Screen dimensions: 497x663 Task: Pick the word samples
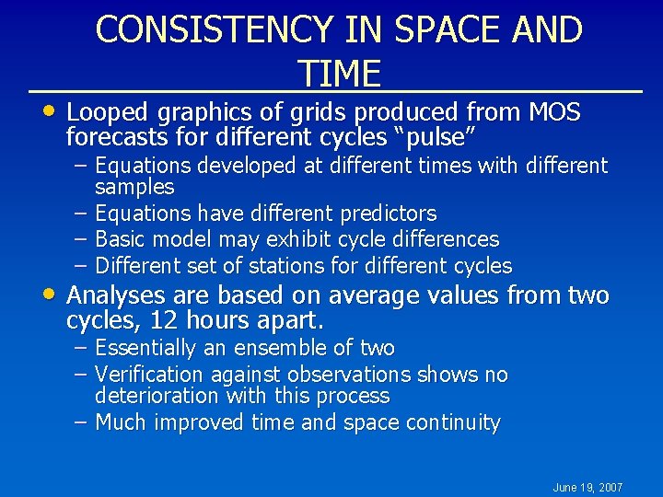[134, 187]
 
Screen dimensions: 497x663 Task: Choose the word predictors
[388, 214]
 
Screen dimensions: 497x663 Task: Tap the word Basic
[122, 239]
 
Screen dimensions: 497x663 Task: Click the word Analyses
[113, 295]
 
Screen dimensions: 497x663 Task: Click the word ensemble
[276, 348]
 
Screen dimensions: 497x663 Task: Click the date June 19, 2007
[587, 487]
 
